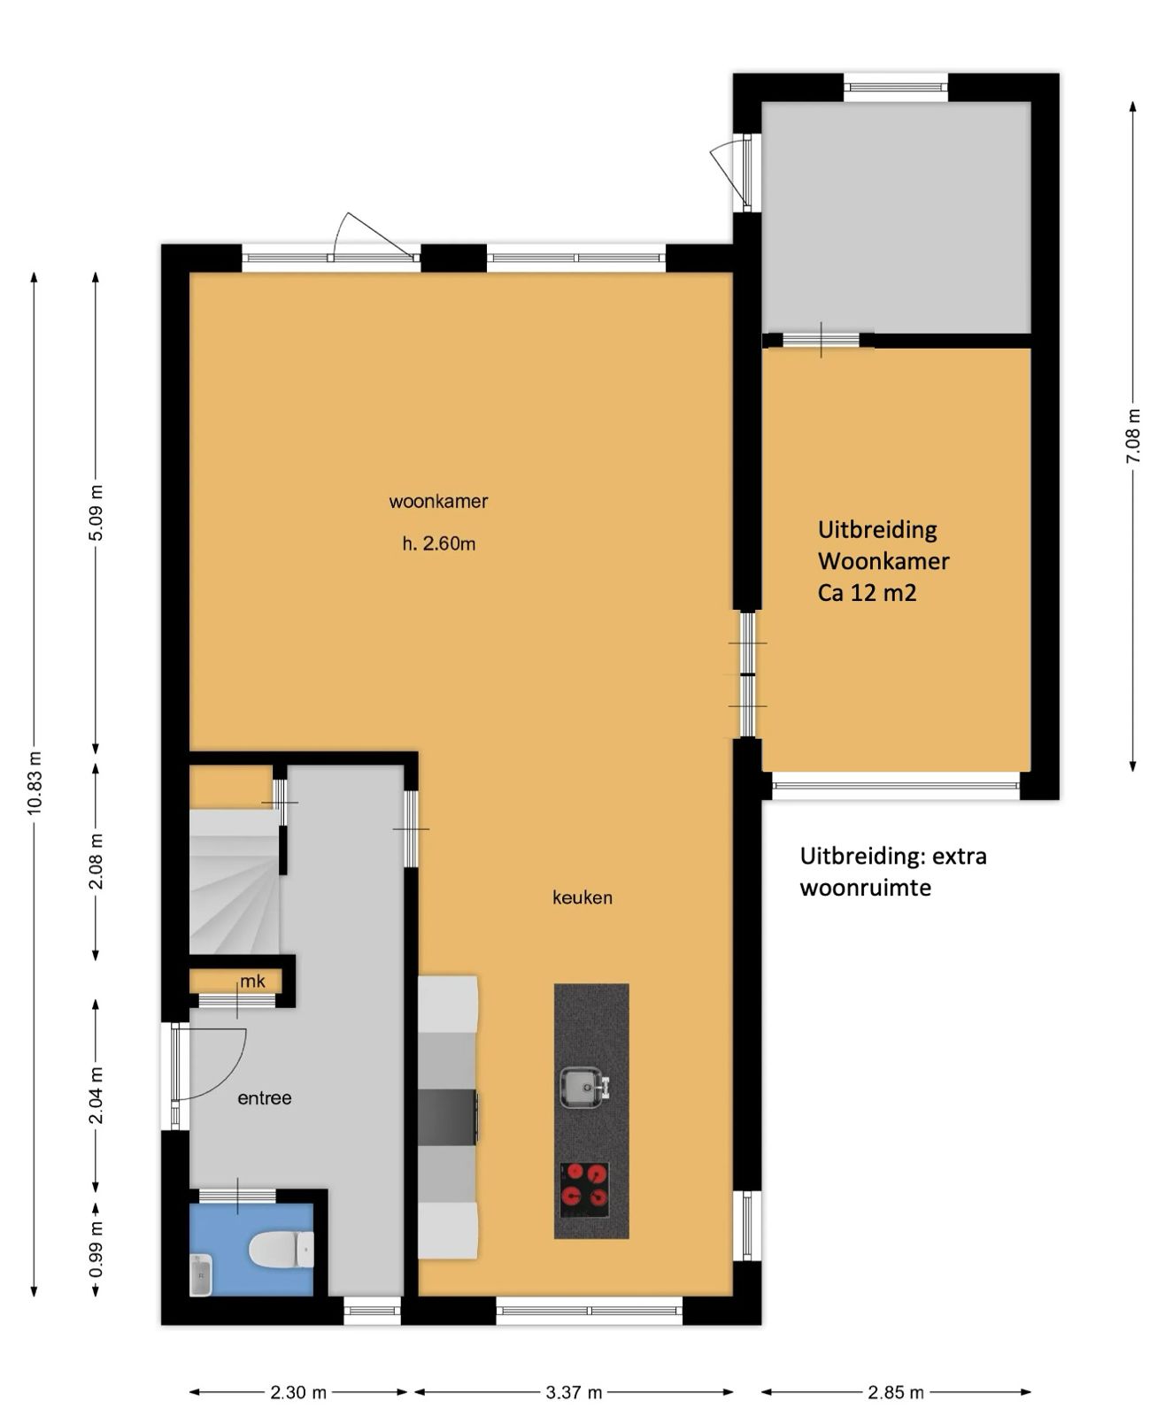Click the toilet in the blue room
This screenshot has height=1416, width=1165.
[x=282, y=1249]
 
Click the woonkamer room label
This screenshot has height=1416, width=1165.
[x=438, y=502]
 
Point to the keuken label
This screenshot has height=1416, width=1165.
[x=582, y=897]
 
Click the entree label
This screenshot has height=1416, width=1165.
[x=265, y=1097]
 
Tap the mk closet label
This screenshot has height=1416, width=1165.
[x=252, y=981]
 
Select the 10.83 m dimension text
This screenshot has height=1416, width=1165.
[x=35, y=783]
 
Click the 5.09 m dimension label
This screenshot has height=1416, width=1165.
[x=96, y=512]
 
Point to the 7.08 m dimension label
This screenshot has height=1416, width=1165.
[x=1133, y=435]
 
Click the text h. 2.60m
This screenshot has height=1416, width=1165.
[x=439, y=544]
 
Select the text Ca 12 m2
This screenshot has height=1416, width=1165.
[x=867, y=593]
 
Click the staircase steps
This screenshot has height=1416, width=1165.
[x=235, y=881]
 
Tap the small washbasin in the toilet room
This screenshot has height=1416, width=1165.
[x=202, y=1274]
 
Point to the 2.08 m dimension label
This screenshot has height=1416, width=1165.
[x=96, y=861]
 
